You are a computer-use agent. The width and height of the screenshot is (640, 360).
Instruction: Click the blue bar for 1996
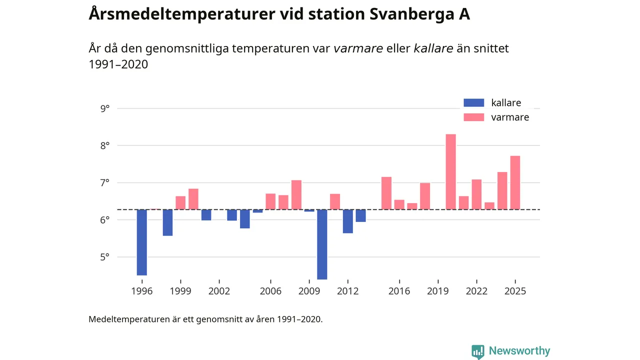point(142,242)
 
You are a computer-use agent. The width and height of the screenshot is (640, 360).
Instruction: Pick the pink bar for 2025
point(515,182)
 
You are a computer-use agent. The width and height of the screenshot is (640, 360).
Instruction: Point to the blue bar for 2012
point(348,221)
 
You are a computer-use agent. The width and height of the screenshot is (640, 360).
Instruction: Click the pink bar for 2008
point(296,194)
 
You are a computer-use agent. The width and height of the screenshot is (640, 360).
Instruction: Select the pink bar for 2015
point(386,193)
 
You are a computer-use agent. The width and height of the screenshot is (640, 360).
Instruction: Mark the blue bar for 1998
point(167,222)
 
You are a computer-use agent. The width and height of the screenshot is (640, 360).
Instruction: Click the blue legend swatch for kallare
point(474,103)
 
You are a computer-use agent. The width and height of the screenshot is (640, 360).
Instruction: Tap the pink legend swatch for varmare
point(474,117)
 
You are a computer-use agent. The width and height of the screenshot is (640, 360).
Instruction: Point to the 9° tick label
point(105,108)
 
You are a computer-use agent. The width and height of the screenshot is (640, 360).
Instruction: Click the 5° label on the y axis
point(105,257)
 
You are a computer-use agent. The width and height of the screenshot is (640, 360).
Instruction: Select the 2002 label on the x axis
point(219,291)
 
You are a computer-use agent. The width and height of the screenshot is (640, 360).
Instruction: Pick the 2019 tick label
point(438,291)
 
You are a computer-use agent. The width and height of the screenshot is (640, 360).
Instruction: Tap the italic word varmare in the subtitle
point(358,48)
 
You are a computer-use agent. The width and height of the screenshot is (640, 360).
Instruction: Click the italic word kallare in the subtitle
point(433,48)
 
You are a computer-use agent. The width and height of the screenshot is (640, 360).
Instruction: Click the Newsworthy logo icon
point(478,351)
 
